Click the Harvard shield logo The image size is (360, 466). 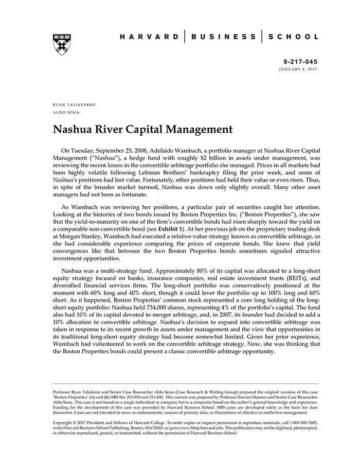[62, 45]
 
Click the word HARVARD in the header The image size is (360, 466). [149, 37]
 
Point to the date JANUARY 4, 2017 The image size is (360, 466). [298, 68]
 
